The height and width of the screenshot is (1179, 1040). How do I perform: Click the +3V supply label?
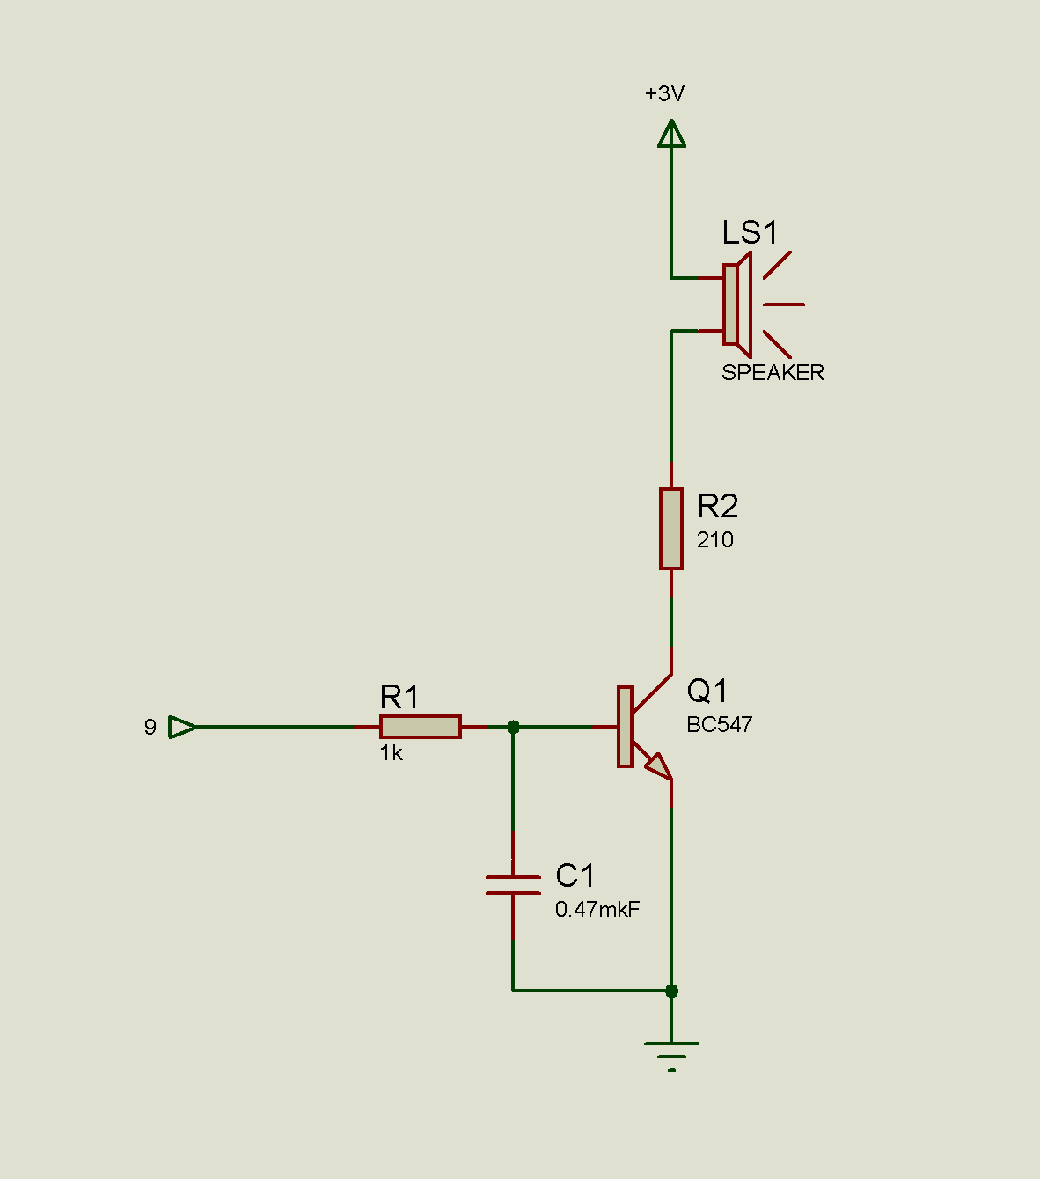click(x=664, y=93)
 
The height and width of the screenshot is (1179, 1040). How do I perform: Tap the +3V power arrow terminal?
click(x=671, y=135)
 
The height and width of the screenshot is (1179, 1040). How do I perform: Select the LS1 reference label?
click(x=750, y=233)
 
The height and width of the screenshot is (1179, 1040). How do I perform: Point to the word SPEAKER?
click(x=773, y=373)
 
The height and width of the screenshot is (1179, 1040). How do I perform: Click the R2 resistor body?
click(x=671, y=529)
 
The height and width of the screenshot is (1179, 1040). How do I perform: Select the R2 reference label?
click(x=717, y=507)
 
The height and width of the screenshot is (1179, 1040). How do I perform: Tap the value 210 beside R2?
click(x=714, y=540)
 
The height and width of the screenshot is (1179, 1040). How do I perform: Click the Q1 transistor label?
click(x=707, y=692)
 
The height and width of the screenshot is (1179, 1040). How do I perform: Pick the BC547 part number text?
click(x=719, y=725)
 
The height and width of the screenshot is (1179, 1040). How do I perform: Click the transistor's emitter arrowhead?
click(x=658, y=766)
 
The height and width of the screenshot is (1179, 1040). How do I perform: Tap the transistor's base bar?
click(x=625, y=727)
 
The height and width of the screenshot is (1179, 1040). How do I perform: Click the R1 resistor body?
click(x=420, y=727)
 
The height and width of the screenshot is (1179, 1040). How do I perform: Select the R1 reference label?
click(x=399, y=698)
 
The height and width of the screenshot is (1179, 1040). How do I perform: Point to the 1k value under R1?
click(x=392, y=753)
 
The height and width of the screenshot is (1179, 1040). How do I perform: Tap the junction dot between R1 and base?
click(x=514, y=727)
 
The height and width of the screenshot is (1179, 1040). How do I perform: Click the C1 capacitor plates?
click(x=513, y=885)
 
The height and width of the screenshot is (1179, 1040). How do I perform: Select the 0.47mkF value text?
click(x=597, y=910)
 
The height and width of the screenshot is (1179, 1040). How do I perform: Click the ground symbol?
click(x=671, y=1052)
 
